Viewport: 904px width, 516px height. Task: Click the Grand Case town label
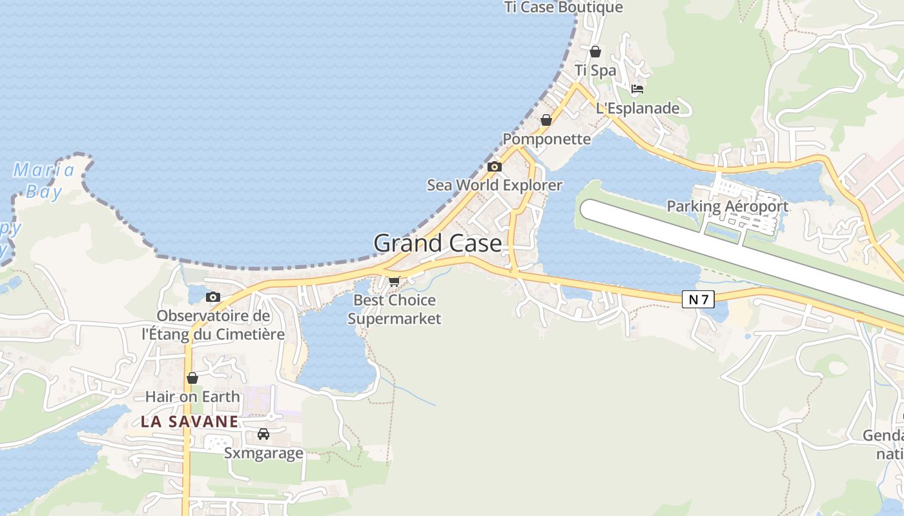(x=437, y=243)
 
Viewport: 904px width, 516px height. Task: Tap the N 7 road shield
(x=698, y=299)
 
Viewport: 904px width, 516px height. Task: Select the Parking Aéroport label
(x=727, y=206)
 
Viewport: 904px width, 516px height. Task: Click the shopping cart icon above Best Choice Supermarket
(x=394, y=281)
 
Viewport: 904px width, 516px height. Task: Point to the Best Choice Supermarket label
(x=395, y=309)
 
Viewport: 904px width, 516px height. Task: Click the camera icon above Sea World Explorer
(x=495, y=166)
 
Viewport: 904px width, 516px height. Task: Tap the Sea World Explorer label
(x=495, y=185)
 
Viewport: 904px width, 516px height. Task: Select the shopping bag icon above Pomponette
(x=546, y=120)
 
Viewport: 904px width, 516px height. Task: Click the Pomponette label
(x=546, y=139)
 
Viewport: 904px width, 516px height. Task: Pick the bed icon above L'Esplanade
(x=637, y=89)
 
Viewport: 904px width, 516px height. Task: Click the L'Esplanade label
(x=637, y=108)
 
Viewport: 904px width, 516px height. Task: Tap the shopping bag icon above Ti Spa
(x=595, y=52)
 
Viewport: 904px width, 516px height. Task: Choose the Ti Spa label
(x=595, y=70)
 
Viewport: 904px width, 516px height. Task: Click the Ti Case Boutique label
(x=564, y=7)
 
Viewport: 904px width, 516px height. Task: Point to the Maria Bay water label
(x=44, y=181)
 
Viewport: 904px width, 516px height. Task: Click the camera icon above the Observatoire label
(x=212, y=297)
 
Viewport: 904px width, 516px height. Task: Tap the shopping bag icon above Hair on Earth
(x=192, y=378)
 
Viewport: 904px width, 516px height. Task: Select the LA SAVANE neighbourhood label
(x=190, y=422)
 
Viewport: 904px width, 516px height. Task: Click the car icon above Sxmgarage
(x=263, y=434)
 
